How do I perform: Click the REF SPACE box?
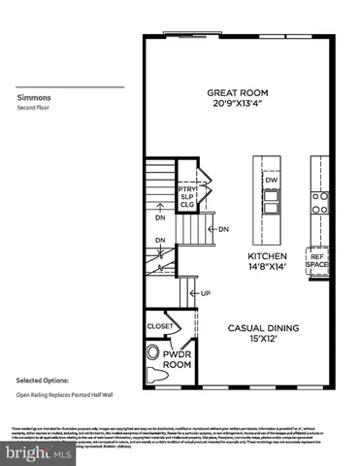[x=317, y=260]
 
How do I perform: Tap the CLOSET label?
[x=159, y=326]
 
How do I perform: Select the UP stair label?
[x=205, y=292]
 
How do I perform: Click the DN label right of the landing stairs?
[x=222, y=229]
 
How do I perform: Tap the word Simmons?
[x=32, y=97]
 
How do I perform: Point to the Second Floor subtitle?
[x=34, y=108]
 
